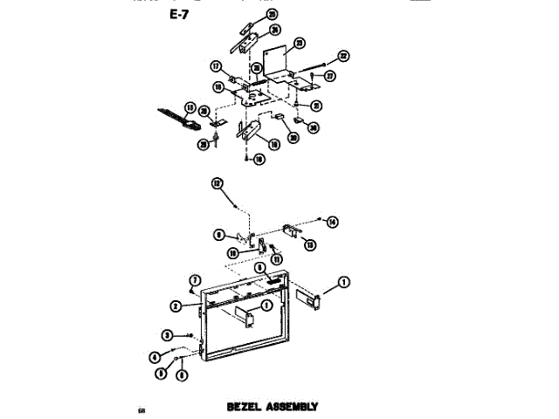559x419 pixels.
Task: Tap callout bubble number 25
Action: [x=272, y=15]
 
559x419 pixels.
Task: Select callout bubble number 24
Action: [x=275, y=29]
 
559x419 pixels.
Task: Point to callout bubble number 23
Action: [x=299, y=43]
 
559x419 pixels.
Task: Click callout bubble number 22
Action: [x=342, y=57]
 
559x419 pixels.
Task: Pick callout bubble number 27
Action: [x=329, y=76]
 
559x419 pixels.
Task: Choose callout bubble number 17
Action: [x=215, y=65]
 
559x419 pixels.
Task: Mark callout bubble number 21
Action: [x=316, y=106]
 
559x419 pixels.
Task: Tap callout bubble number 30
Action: [x=313, y=127]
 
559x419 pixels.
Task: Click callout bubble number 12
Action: [x=217, y=183]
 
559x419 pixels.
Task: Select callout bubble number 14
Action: [x=332, y=223]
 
